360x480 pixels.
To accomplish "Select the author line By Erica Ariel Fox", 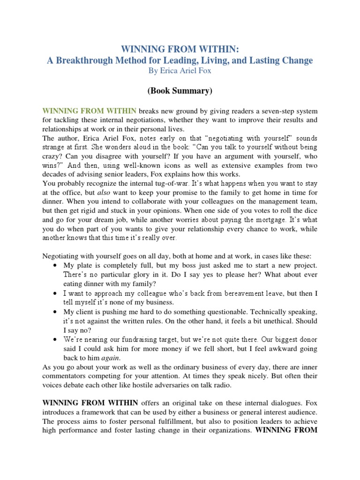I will [180, 72].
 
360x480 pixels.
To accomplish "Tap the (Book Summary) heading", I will [180, 91].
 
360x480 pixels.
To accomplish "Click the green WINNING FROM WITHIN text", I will [90, 111].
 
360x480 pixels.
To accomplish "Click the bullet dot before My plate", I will [56, 265].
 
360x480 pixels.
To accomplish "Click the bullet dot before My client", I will [56, 311].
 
